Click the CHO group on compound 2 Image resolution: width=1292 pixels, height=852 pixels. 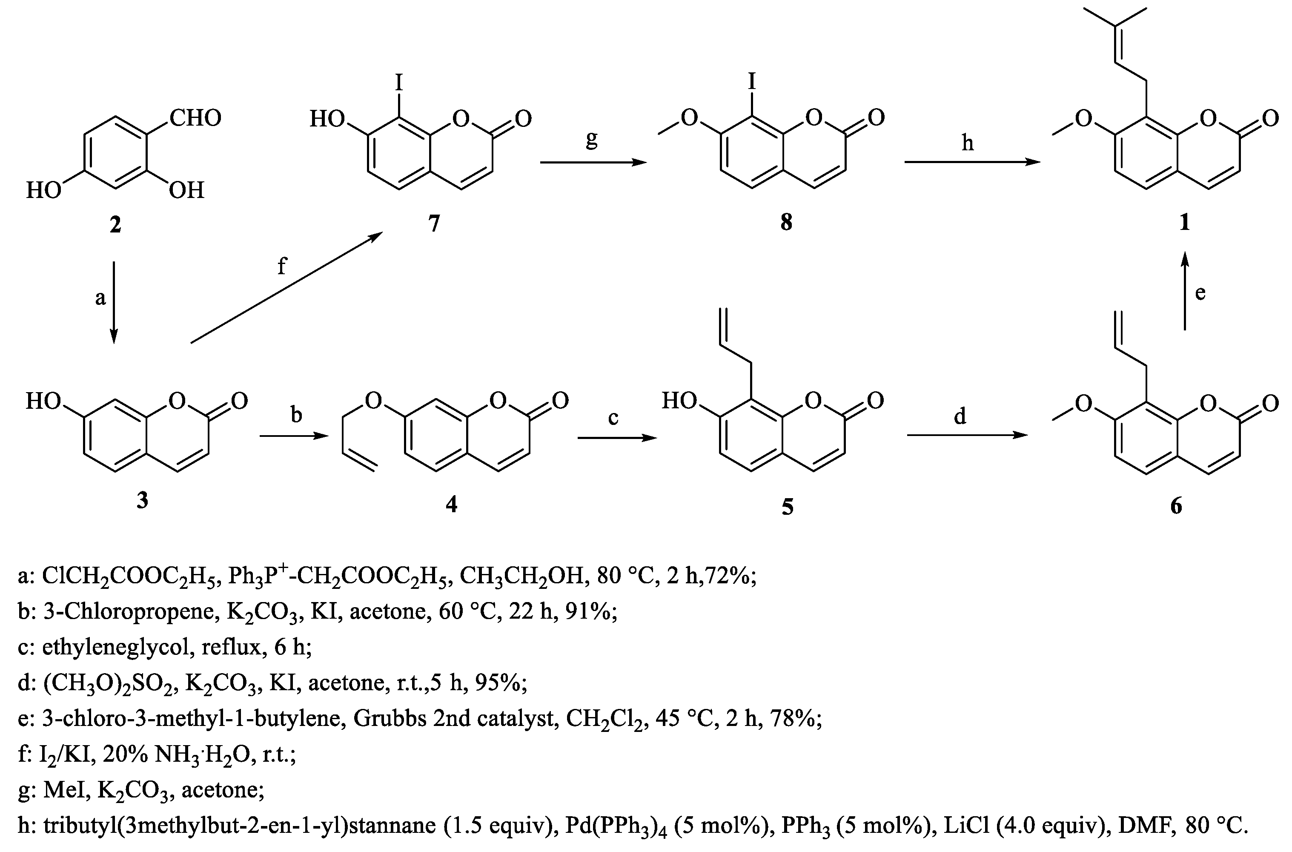click(x=195, y=118)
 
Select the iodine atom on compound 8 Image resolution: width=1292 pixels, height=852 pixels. click(x=752, y=81)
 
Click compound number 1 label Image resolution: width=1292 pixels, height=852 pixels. click(x=1185, y=222)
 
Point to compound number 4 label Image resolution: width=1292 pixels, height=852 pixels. click(x=451, y=504)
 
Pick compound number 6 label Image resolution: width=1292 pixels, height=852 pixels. click(x=1176, y=506)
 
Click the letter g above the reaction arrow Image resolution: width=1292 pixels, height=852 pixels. click(x=592, y=140)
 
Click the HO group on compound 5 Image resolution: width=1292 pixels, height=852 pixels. click(x=679, y=401)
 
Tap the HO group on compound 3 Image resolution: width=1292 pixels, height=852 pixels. click(x=43, y=401)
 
